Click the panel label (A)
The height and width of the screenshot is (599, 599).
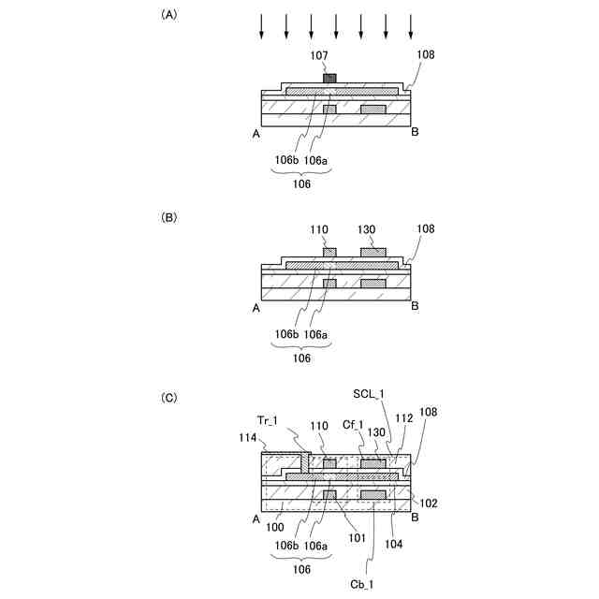[x=169, y=15]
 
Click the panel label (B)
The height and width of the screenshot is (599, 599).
[x=169, y=216]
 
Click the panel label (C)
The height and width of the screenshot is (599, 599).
[x=169, y=398]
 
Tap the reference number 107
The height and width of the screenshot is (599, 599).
[x=319, y=57]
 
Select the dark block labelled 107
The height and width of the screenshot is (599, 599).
[x=329, y=78]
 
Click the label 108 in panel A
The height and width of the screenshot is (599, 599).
[x=426, y=55]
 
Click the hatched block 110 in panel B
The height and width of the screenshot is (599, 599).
[x=329, y=252]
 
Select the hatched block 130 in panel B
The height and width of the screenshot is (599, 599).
[x=373, y=252]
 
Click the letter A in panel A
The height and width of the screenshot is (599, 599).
[x=256, y=135]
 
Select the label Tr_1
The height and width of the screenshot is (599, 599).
[x=269, y=418]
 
